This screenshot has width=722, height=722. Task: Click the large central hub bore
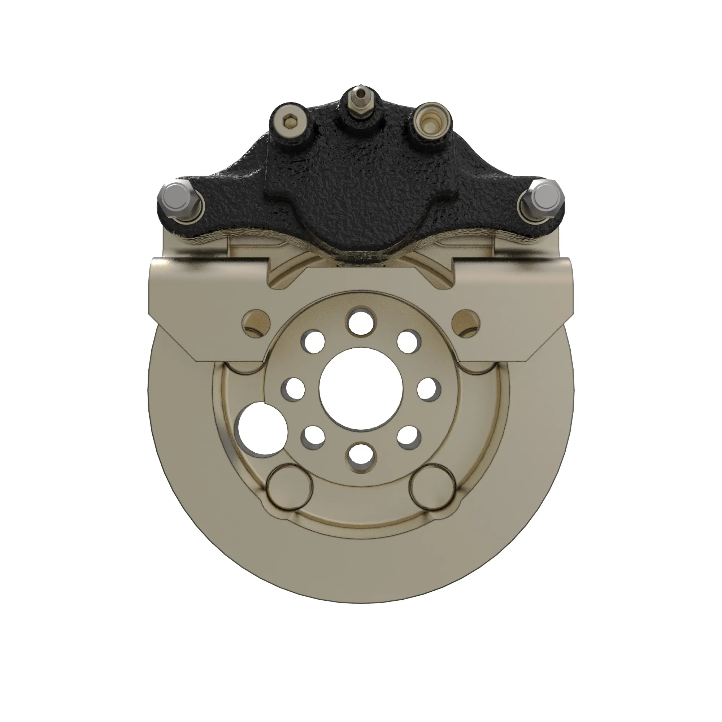pos(361,389)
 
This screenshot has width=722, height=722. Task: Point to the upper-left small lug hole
pos(314,341)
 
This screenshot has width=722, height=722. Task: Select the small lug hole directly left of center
pos(294,389)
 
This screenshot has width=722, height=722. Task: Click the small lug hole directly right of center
pos(428,389)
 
